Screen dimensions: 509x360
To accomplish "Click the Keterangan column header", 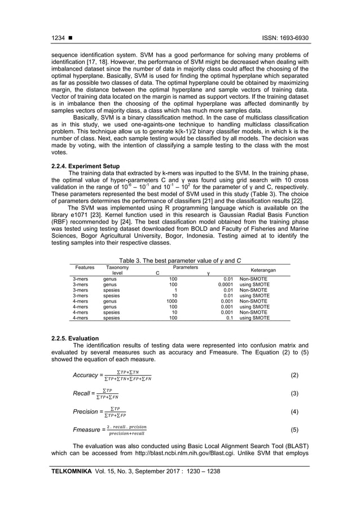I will tap(263, 271).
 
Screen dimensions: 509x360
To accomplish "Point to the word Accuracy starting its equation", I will tap(85, 376).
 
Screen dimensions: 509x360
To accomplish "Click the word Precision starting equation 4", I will tap(86, 412).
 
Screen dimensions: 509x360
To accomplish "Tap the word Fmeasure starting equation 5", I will tap(87, 431).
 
